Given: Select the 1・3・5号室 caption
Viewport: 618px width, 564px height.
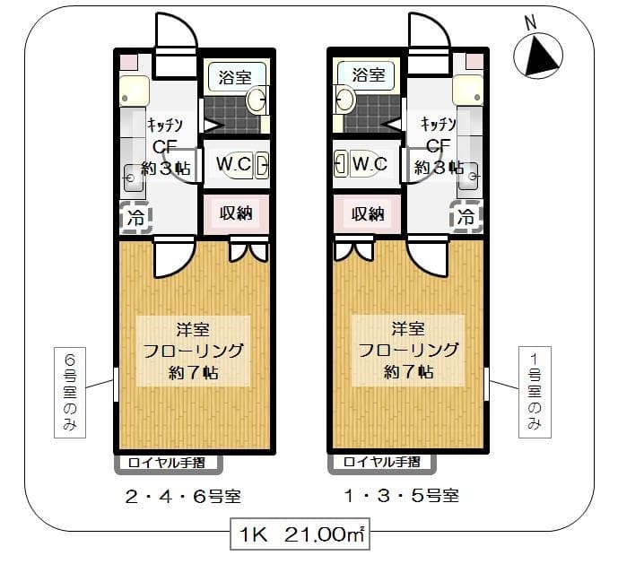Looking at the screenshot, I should click(x=399, y=495).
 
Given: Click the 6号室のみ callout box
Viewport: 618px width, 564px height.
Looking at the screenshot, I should click(x=71, y=392).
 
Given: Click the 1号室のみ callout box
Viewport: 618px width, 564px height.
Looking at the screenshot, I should click(x=535, y=392).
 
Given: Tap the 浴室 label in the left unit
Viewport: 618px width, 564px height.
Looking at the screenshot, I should click(x=236, y=75).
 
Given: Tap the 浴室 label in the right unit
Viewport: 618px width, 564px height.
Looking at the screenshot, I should click(x=368, y=74).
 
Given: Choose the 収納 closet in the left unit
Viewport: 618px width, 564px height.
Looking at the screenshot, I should click(x=235, y=213).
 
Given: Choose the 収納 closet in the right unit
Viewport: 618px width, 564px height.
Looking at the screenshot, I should click(x=367, y=213).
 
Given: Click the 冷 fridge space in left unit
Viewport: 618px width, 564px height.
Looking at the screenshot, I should click(x=136, y=217).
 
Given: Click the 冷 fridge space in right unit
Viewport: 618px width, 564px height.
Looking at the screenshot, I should click(x=466, y=217).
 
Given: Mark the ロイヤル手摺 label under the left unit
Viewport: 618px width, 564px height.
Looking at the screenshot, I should click(x=167, y=464).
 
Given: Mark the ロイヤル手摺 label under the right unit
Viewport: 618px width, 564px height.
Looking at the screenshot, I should click(x=382, y=464).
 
